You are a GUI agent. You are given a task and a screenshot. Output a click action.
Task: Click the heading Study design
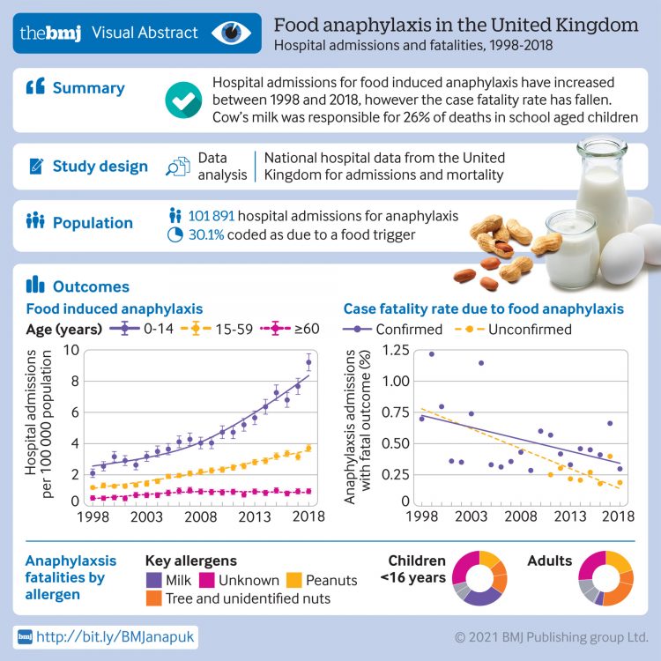pyautogui.click(x=100, y=166)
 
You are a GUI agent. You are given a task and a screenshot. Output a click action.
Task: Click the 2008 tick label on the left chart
pyautogui.click(x=200, y=516)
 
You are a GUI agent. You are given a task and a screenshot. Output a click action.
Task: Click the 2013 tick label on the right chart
pyautogui.click(x=571, y=516)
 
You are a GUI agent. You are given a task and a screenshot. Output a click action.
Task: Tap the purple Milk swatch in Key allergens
pyautogui.click(x=156, y=581)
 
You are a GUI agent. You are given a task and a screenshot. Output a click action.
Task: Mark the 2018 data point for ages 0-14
pyautogui.click(x=308, y=362)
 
